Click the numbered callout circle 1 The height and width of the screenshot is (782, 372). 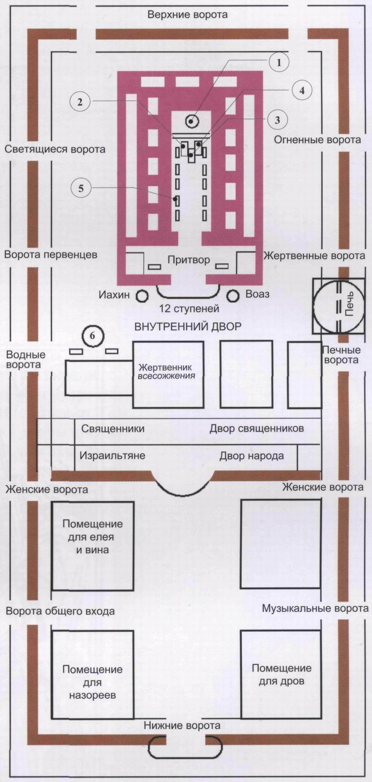tap(279, 63)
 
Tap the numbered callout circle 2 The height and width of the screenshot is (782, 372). tap(80, 102)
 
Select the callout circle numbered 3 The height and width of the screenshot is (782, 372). tap(277, 120)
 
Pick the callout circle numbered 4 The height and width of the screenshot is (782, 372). tap(302, 90)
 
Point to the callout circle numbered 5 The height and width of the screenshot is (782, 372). tap(81, 188)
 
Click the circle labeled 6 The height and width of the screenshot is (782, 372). tap(92, 336)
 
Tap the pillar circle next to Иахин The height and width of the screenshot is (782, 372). tap(142, 295)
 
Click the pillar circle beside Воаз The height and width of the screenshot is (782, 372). tap(233, 295)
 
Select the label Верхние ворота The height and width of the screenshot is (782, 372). tap(187, 15)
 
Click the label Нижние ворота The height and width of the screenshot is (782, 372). tap(182, 725)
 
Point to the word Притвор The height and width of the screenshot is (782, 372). tap(188, 260)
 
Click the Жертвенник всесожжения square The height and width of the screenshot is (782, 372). tap(168, 374)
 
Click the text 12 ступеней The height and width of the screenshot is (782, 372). tap(189, 309)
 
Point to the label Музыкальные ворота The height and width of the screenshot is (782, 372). tap(315, 609)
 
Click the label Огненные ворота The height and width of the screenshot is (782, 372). tap(317, 140)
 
